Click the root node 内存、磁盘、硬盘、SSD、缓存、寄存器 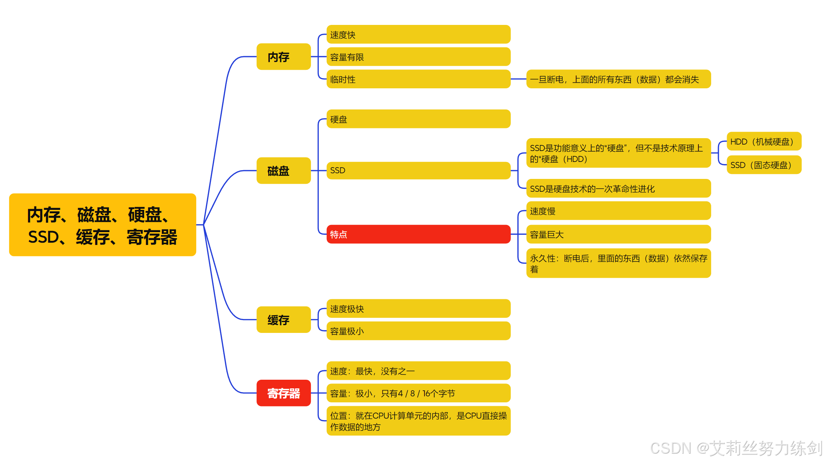[x=102, y=225]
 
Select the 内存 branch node [x=283, y=57]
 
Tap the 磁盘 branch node [x=283, y=171]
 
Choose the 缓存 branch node [x=283, y=320]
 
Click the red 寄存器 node [x=283, y=393]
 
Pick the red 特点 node [x=418, y=234]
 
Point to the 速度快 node [x=418, y=35]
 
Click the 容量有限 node [x=418, y=57]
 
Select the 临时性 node [x=418, y=79]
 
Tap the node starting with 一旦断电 [x=618, y=79]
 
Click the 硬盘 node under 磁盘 [x=418, y=119]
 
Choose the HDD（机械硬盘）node [x=764, y=142]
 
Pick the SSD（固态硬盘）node [x=764, y=165]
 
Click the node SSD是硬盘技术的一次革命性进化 [x=618, y=189]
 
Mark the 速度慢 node [x=618, y=211]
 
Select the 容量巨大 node [x=618, y=234]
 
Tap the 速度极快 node [x=418, y=309]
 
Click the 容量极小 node [x=418, y=331]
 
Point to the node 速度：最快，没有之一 [x=418, y=371]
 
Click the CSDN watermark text [x=736, y=448]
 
